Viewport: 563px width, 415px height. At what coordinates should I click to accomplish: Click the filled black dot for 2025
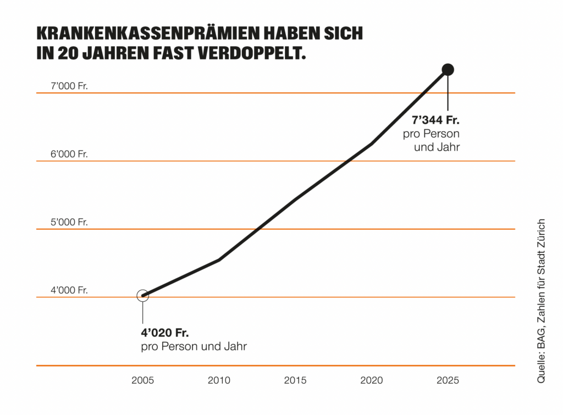[448, 70]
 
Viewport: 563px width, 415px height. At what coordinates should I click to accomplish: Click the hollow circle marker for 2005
[142, 296]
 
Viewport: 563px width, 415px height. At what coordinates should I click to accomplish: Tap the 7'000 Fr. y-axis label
[69, 86]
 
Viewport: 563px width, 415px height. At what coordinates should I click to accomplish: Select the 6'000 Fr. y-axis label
[69, 154]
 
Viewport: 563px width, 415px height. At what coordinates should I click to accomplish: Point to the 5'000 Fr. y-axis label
[69, 223]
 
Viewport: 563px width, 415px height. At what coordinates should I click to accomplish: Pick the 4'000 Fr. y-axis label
[69, 291]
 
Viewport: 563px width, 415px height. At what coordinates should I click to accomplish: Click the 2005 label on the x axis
[142, 380]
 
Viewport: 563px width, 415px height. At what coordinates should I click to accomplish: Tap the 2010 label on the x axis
[219, 380]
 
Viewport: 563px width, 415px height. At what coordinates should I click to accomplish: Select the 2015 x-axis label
[295, 380]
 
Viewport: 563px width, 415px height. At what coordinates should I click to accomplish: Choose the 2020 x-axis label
[372, 380]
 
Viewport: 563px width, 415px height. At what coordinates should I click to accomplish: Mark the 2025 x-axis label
[448, 380]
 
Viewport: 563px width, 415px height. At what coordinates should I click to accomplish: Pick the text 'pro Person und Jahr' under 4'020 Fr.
[194, 347]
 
